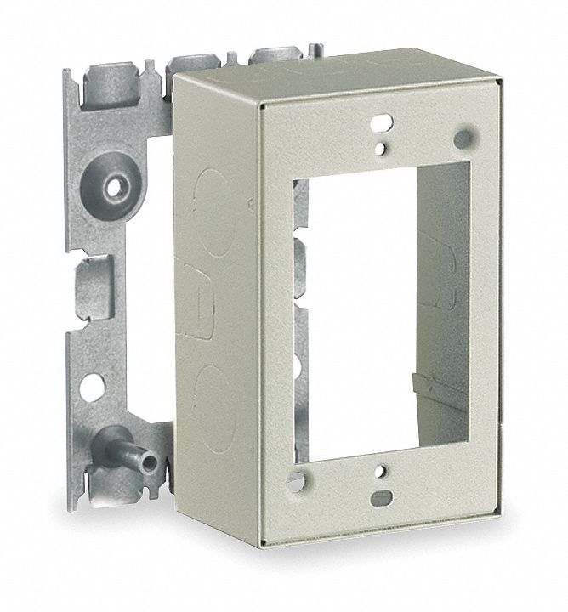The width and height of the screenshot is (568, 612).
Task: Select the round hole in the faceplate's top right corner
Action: [x=464, y=136]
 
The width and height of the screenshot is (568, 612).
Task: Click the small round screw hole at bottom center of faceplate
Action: [x=382, y=471]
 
